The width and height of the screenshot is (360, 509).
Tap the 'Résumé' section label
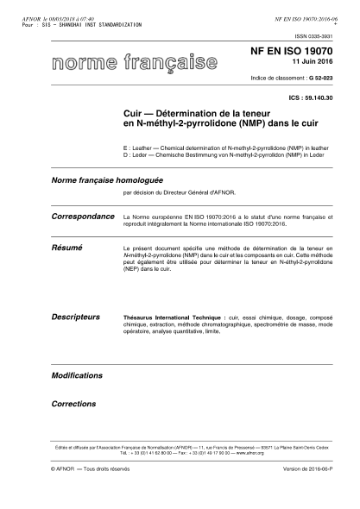click(66, 247)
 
